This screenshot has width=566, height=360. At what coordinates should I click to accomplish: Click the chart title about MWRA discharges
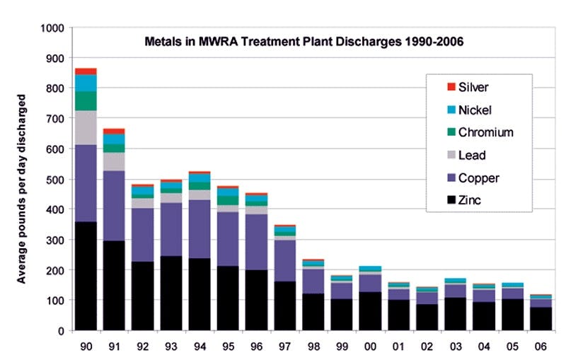tap(304, 42)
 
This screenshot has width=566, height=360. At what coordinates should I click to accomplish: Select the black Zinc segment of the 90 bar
tap(86, 276)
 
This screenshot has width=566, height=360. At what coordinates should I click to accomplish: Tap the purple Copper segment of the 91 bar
tap(113, 206)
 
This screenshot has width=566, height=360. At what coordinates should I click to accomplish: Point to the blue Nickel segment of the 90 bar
tap(86, 83)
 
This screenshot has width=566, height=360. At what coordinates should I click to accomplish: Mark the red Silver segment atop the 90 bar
tap(86, 71)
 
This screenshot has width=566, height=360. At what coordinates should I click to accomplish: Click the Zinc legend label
tap(469, 201)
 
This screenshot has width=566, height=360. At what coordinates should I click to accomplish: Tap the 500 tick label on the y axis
tap(55, 180)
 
